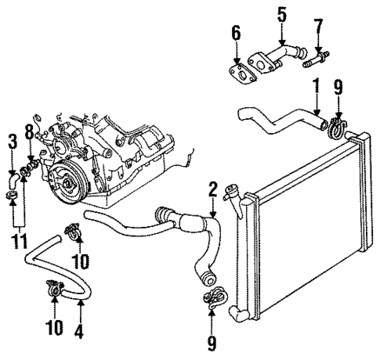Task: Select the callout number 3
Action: (12, 141)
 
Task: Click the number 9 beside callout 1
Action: (338, 88)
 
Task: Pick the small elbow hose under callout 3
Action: (14, 183)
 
